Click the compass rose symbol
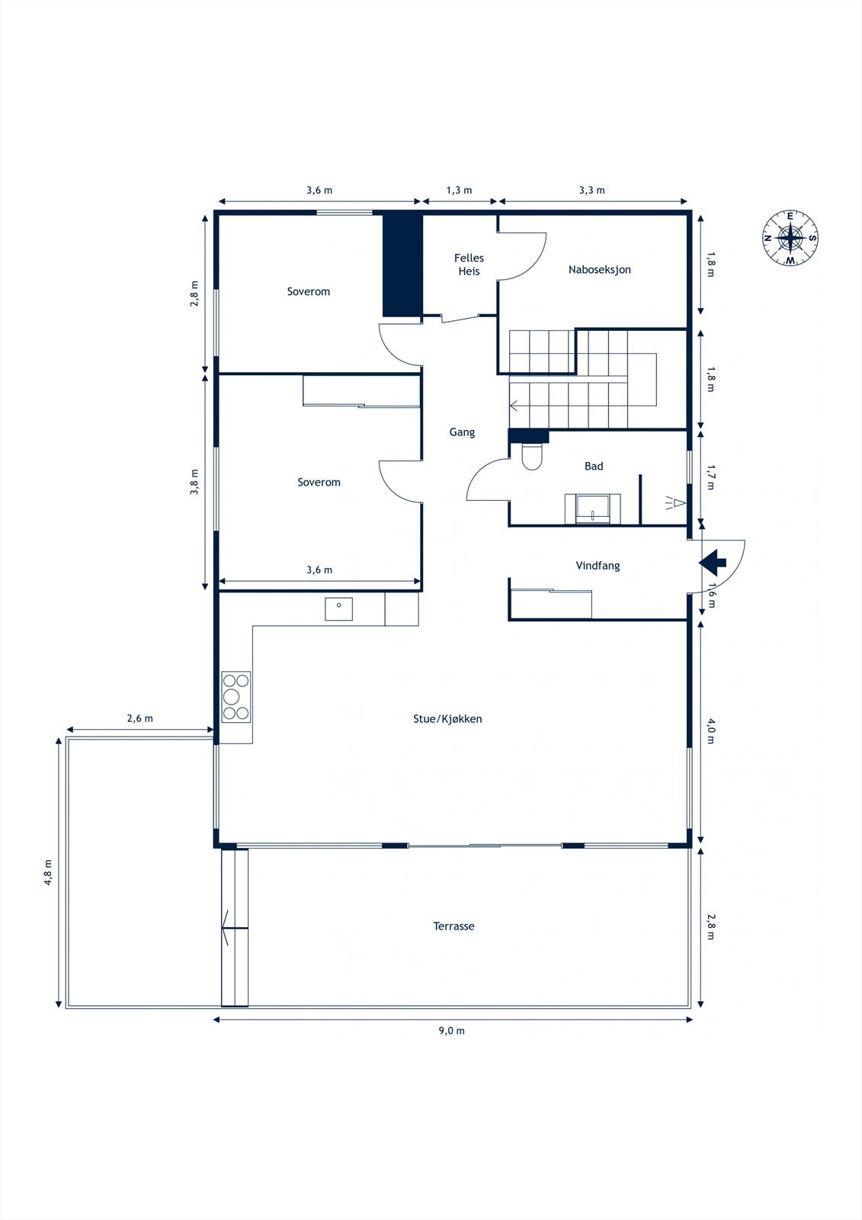(790, 238)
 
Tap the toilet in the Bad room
(532, 456)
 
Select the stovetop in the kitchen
(236, 697)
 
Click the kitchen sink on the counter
(338, 608)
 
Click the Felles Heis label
(469, 264)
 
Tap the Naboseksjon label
(600, 269)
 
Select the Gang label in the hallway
(462, 432)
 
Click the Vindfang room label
(598, 565)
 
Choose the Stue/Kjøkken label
(447, 718)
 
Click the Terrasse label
(453, 926)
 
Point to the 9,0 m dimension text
(452, 1030)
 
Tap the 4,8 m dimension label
(49, 872)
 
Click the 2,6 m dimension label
(140, 718)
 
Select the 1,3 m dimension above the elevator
(459, 190)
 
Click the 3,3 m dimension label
(592, 190)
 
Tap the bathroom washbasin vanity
(593, 509)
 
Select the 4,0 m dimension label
(710, 731)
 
